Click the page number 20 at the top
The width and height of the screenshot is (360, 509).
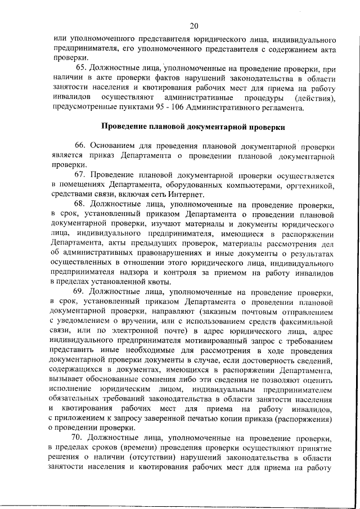pos(195,26)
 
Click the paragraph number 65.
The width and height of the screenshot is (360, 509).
pos(81,69)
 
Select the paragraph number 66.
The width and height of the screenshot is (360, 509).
pos(81,146)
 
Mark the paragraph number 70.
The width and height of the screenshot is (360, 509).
pos(81,438)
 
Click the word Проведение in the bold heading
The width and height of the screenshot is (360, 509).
pos(126,127)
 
